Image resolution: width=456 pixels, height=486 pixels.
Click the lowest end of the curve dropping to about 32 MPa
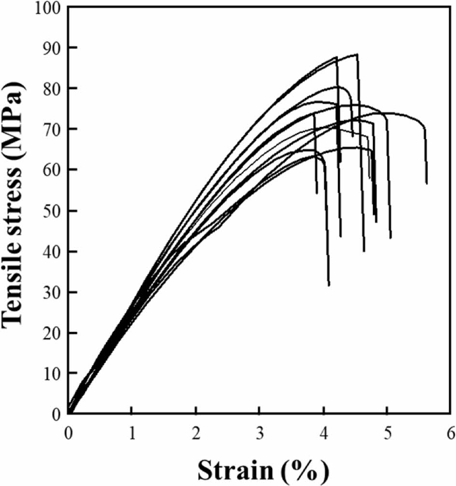329,285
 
